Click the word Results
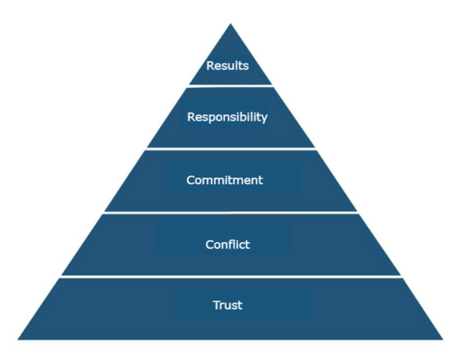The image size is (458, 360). pyautogui.click(x=227, y=66)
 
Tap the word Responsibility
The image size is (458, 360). pyautogui.click(x=227, y=117)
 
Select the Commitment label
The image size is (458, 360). pyautogui.click(x=224, y=180)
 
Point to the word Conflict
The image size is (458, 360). pyautogui.click(x=227, y=244)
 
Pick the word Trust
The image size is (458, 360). pyautogui.click(x=227, y=305)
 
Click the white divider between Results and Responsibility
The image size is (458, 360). pyautogui.click(x=230, y=85)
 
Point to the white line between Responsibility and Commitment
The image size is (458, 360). pyautogui.click(x=230, y=149)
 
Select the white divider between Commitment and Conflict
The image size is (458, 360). pyautogui.click(x=230, y=213)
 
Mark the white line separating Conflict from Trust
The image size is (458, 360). pyautogui.click(x=230, y=277)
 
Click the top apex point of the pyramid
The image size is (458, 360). pyautogui.click(x=230, y=25)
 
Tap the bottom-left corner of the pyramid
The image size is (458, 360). pyautogui.click(x=19, y=339)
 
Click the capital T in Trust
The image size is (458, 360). pyautogui.click(x=215, y=305)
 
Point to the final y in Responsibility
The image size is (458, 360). pyautogui.click(x=264, y=119)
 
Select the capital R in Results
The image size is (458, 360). pyautogui.click(x=210, y=66)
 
